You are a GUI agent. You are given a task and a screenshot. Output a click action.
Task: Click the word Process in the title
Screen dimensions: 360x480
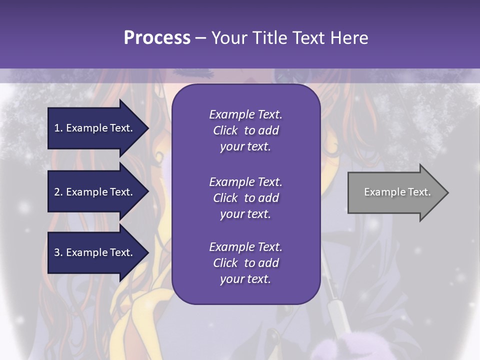click(157, 38)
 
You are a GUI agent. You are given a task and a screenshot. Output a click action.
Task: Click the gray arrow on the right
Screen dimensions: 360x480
click(395, 192)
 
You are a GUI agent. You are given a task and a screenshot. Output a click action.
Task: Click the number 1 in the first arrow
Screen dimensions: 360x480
click(57, 128)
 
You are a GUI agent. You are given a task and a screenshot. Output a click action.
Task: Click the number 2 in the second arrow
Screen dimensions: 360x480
click(57, 192)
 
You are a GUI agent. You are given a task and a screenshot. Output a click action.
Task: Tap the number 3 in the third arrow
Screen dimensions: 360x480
click(57, 252)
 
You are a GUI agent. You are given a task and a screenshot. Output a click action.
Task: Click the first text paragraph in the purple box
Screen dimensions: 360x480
click(245, 130)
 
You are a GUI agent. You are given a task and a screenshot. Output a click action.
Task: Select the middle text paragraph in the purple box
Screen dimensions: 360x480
click(245, 198)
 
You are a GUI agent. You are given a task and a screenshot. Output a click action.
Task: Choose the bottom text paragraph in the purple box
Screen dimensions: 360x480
click(245, 263)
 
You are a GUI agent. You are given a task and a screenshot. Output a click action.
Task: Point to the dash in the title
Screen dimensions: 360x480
click(200, 38)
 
